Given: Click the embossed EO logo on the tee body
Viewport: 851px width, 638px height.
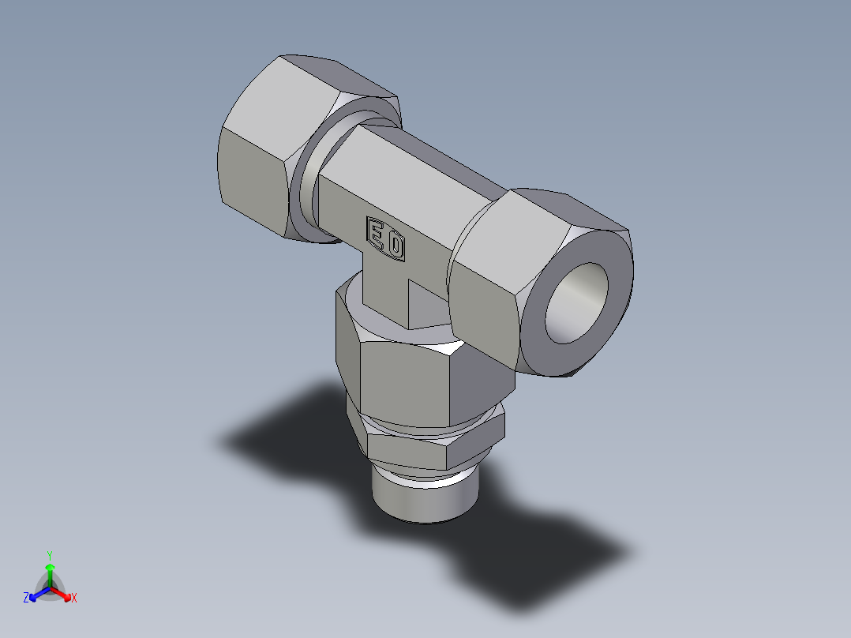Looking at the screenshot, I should [x=385, y=238].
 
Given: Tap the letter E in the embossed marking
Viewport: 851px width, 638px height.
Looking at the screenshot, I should [x=377, y=234].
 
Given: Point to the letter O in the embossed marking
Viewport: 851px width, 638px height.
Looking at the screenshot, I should [x=395, y=246].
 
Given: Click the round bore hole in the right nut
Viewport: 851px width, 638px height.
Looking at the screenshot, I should [x=577, y=303].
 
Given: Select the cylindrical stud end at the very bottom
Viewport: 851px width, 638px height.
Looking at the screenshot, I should [x=425, y=497].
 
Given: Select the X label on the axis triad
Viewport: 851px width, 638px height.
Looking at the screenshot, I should [x=74, y=599].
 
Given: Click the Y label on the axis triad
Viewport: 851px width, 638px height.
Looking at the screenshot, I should [x=49, y=554].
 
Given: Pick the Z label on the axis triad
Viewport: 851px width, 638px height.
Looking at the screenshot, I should [x=26, y=598].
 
